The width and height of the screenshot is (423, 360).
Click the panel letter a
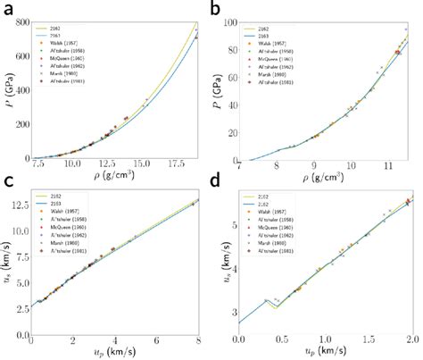(8, 11)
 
